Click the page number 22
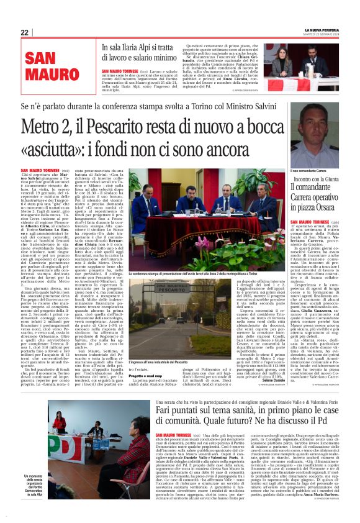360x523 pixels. click(25, 32)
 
